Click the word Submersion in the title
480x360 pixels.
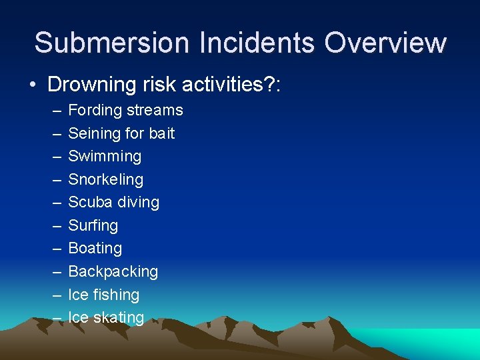click(x=111, y=42)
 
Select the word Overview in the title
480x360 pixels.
click(x=385, y=42)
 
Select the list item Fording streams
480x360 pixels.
click(x=125, y=110)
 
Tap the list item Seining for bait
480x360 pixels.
click(x=121, y=133)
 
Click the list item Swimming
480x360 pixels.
click(x=105, y=157)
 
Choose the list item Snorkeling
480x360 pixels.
click(x=105, y=179)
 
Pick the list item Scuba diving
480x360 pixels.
click(x=113, y=202)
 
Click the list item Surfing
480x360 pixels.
click(x=93, y=225)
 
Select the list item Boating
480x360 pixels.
click(x=95, y=248)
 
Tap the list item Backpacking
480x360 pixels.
click(x=113, y=271)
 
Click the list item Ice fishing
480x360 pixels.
click(x=103, y=295)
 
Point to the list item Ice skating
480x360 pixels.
click(x=106, y=317)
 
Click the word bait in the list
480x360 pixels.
click(x=161, y=133)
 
